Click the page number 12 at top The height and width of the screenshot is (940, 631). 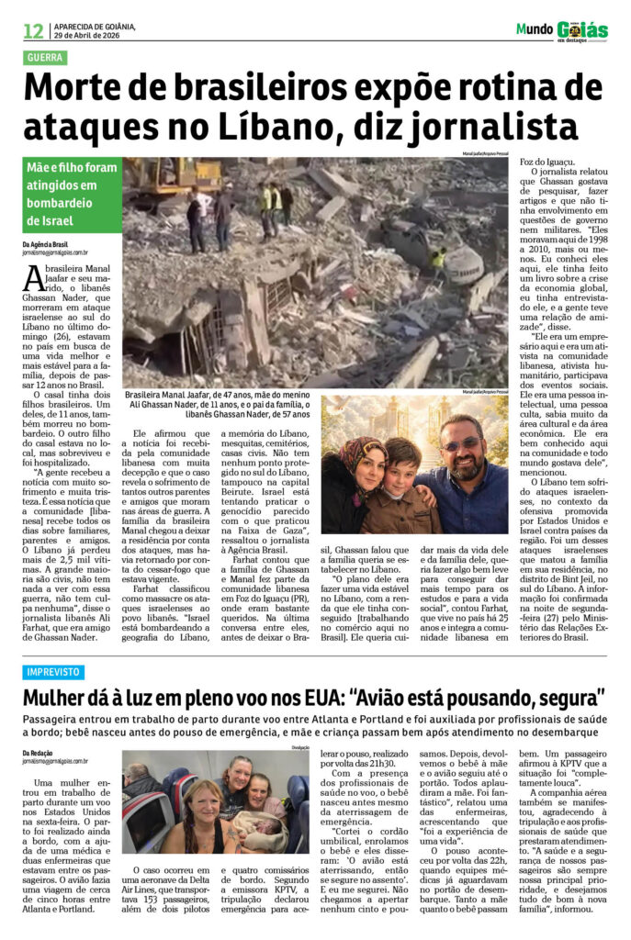point(33,30)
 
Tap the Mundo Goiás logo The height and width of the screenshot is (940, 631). point(562,30)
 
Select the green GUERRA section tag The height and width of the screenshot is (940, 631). point(47,57)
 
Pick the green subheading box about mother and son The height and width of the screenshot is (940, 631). point(72,195)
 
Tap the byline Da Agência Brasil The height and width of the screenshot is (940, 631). point(46,244)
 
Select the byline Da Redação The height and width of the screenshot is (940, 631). point(39,752)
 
